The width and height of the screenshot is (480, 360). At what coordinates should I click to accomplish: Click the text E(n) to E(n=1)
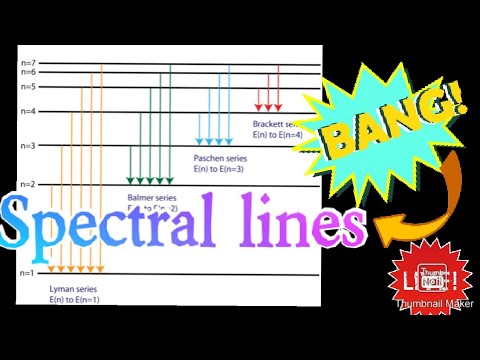75,299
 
